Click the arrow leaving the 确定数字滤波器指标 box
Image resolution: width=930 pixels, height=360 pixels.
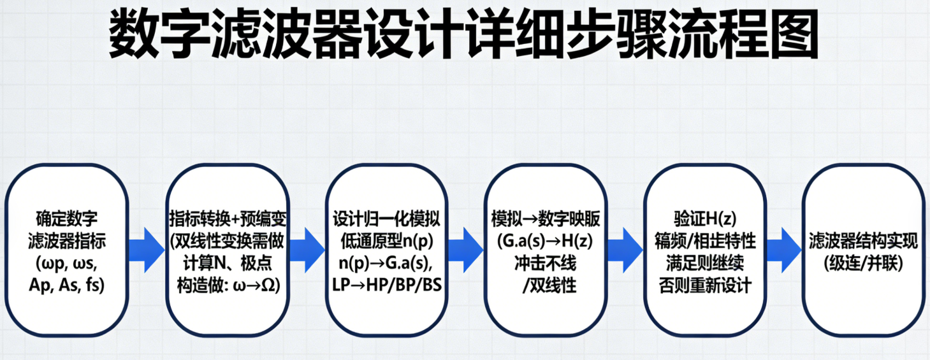[x=147, y=248]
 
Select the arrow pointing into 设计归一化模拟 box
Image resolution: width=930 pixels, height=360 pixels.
[x=306, y=248]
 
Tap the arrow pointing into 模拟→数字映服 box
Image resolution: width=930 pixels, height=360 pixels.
[x=465, y=248]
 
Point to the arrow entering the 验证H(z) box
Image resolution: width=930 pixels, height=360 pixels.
[x=624, y=248]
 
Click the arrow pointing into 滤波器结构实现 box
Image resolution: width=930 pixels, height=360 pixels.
[x=783, y=248]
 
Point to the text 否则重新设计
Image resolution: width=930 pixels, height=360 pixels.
[x=704, y=285]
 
